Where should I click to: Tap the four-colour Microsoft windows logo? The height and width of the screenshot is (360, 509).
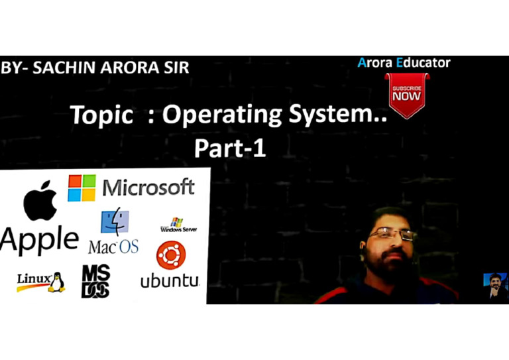click(x=82, y=188)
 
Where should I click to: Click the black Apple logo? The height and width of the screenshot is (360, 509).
click(x=40, y=200)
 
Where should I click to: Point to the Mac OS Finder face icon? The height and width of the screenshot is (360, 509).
click(x=115, y=223)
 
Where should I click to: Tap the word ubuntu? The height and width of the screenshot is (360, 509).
click(x=170, y=280)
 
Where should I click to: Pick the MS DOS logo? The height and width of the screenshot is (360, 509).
click(x=95, y=280)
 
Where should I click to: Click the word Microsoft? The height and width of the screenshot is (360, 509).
click(x=148, y=188)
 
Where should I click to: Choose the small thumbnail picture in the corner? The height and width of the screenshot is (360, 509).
click(x=495, y=286)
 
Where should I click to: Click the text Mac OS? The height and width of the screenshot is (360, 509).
click(x=113, y=247)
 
